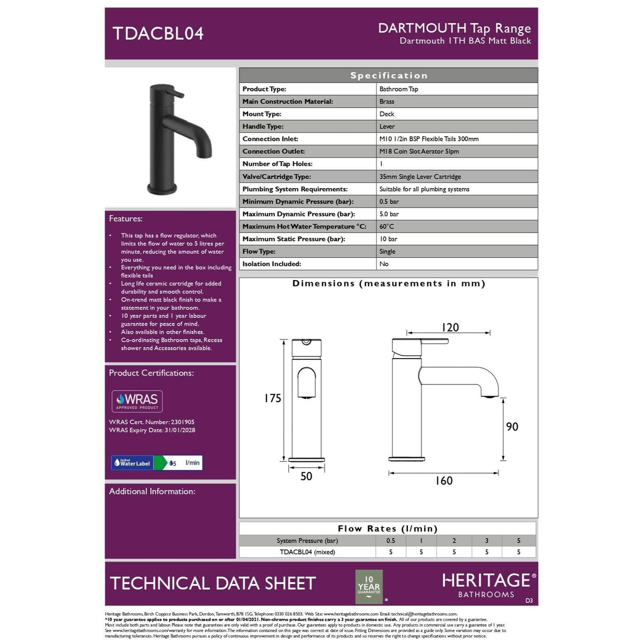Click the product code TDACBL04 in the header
158,33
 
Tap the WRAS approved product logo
137,401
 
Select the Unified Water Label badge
157,463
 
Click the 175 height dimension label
273,398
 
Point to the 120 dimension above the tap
450,327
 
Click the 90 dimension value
512,427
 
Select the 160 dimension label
444,481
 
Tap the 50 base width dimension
306,476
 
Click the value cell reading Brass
387,102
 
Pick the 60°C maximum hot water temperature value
387,227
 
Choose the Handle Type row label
263,127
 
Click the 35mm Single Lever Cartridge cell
420,177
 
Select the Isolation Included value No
384,264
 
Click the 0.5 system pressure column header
390,541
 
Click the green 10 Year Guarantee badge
369,586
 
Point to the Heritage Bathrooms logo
488,585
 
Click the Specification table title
388,76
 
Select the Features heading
126,219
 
